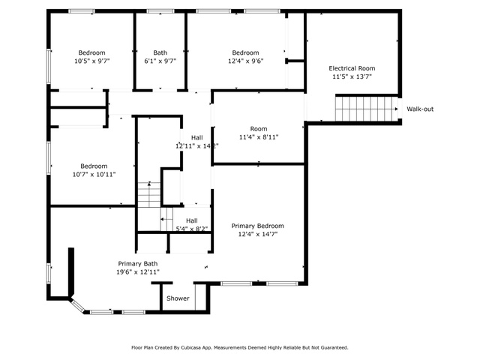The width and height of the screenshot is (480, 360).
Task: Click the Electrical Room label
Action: (x=352, y=68)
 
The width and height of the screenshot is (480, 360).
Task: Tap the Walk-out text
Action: (x=420, y=109)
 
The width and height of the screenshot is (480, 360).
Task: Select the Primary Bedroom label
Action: (x=257, y=226)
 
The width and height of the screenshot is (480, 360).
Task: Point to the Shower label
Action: (x=178, y=298)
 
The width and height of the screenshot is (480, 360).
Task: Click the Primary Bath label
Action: (x=138, y=263)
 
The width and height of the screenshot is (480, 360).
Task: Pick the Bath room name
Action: (x=160, y=52)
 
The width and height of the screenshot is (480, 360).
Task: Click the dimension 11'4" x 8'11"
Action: (x=259, y=137)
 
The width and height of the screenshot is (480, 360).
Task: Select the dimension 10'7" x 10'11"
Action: (x=94, y=175)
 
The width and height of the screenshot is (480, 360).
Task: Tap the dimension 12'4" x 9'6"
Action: (x=245, y=61)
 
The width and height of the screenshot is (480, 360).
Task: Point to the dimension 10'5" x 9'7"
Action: (x=91, y=61)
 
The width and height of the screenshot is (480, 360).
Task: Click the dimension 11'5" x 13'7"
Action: (x=352, y=76)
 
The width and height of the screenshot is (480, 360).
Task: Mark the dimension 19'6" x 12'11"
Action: (x=138, y=271)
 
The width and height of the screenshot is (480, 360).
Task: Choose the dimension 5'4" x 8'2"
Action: (x=192, y=229)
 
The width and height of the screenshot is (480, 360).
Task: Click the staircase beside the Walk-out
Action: (x=367, y=109)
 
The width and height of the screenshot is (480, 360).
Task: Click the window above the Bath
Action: (x=160, y=11)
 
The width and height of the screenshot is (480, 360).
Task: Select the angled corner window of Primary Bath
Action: (x=78, y=307)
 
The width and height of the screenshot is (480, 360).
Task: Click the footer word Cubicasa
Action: (x=190, y=347)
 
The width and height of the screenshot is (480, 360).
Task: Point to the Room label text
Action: (x=259, y=129)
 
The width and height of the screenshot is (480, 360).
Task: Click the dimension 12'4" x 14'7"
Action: (x=258, y=234)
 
